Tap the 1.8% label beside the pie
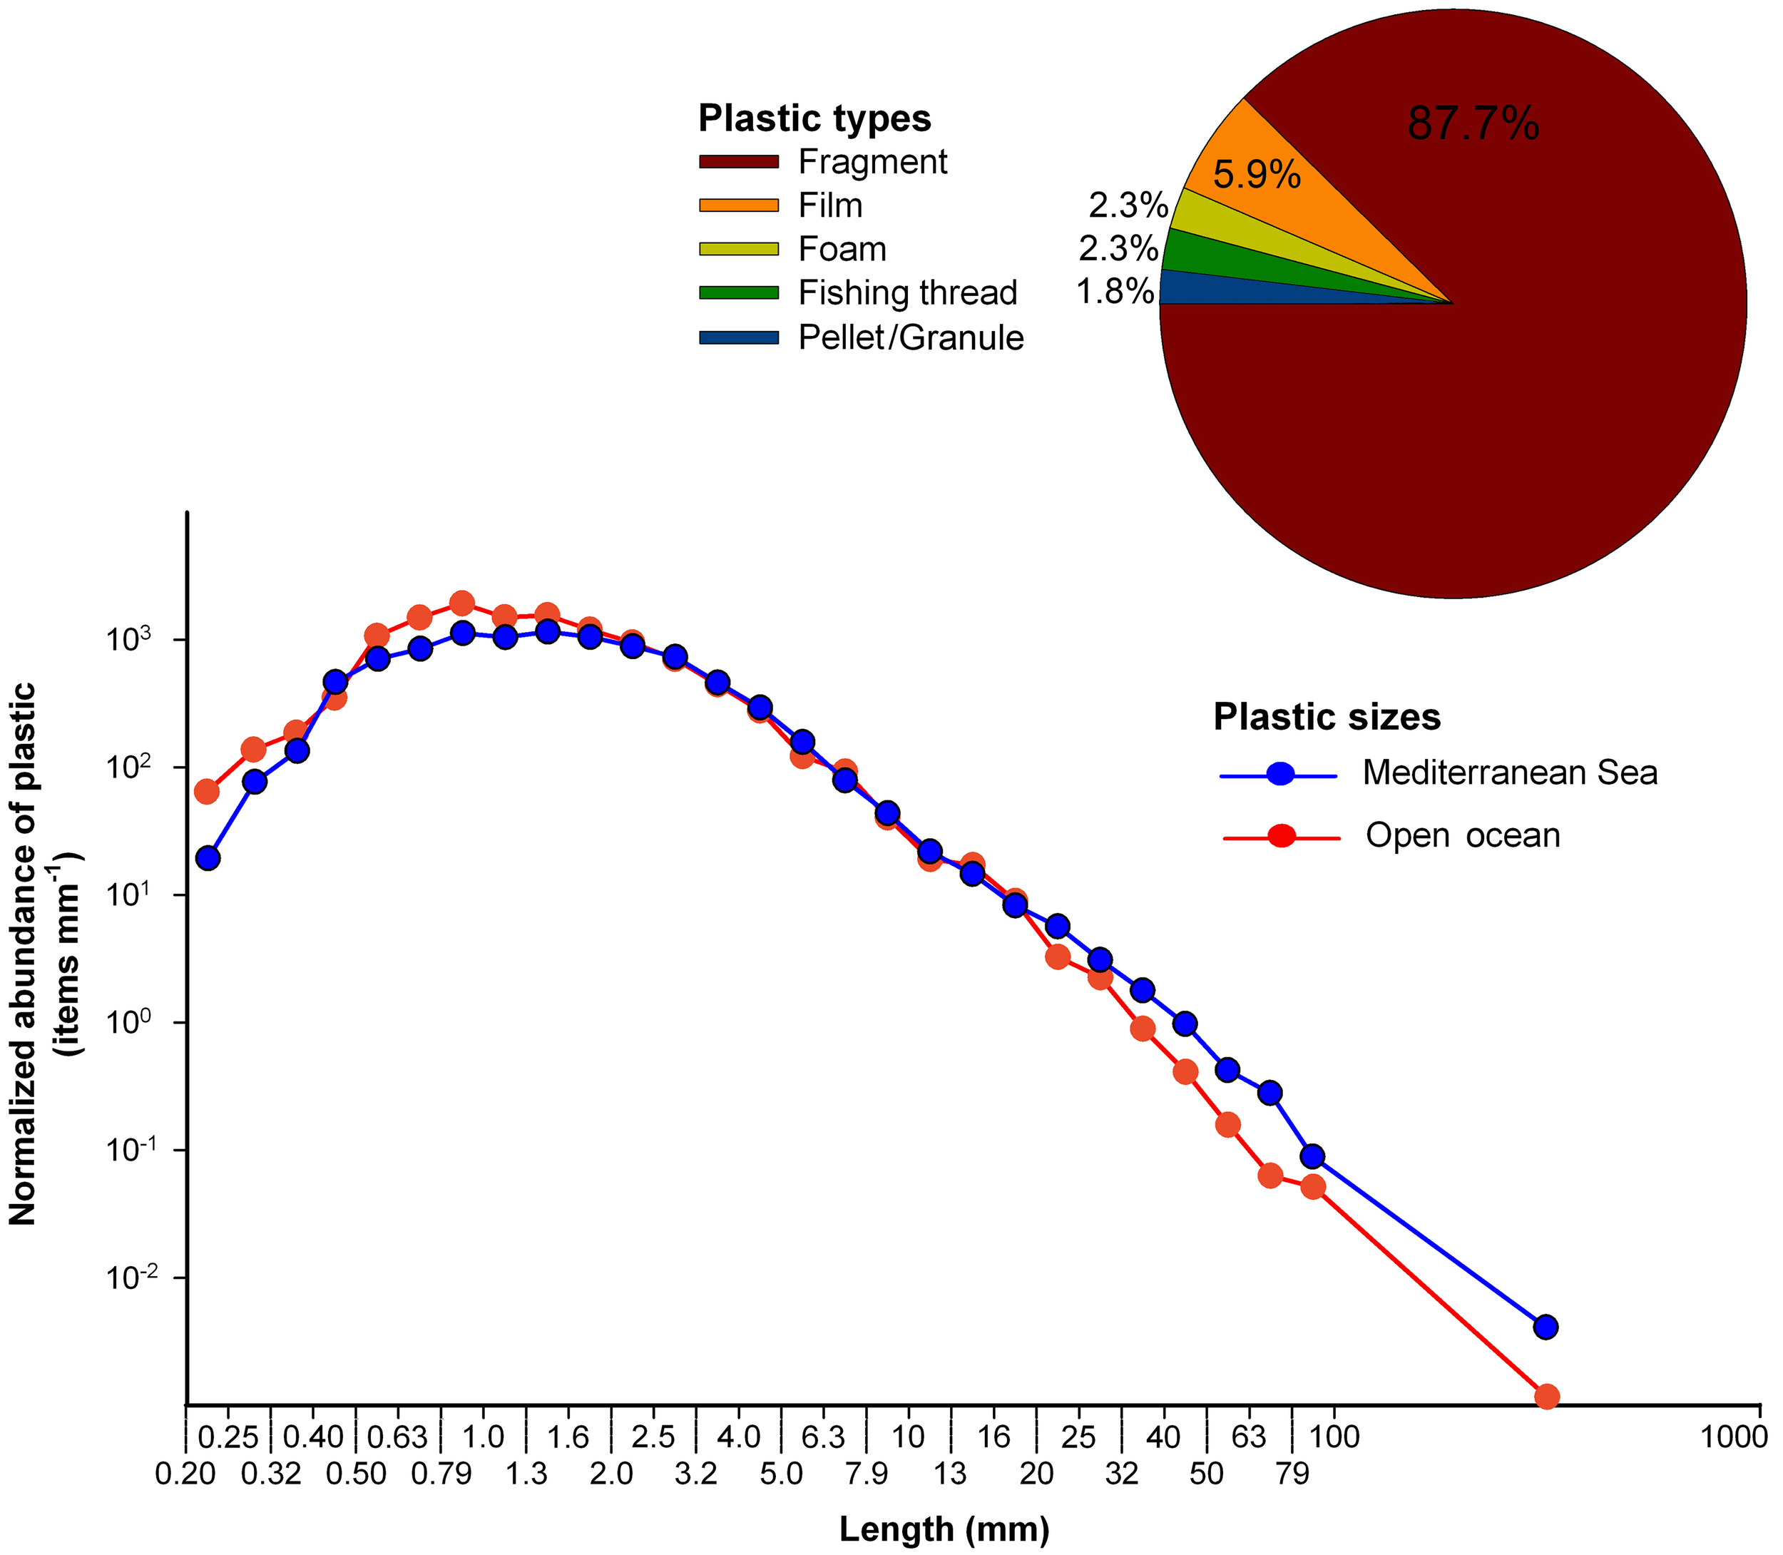[1115, 292]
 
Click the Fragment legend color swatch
[738, 161]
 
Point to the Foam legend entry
[842, 249]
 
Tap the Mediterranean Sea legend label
[1509, 773]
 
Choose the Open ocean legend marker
[1281, 836]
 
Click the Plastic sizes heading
[1327, 717]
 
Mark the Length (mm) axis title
[944, 1529]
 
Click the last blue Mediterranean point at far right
[1546, 1327]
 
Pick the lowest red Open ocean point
[1546, 1396]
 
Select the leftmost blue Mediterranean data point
[208, 858]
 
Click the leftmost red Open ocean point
[207, 791]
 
